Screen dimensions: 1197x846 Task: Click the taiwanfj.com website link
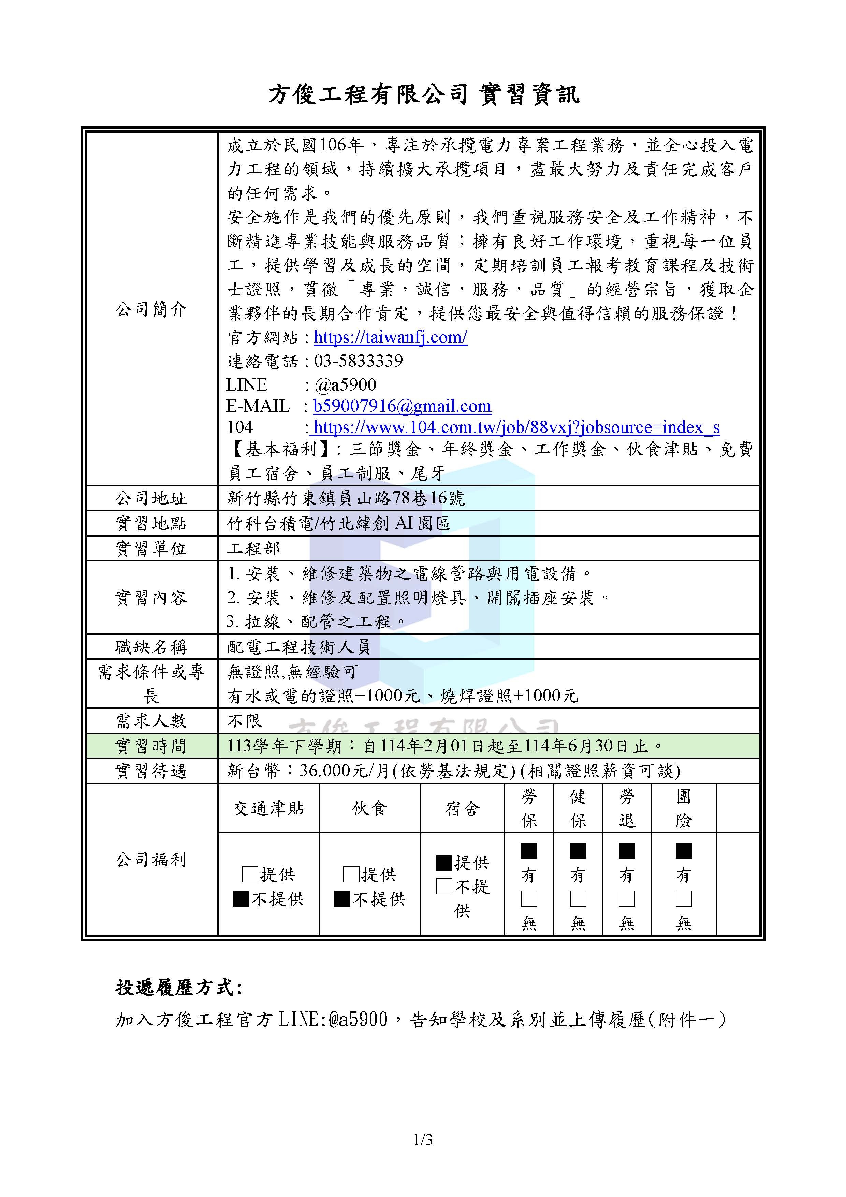coord(390,337)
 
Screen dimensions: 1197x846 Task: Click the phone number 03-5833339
coord(358,361)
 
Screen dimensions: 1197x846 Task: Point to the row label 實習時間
coord(151,746)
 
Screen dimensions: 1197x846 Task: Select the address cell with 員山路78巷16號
coord(346,498)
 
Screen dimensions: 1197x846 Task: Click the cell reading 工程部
coord(253,549)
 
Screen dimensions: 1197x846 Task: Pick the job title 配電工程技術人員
coord(299,647)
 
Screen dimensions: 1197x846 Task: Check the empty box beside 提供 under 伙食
coord(351,874)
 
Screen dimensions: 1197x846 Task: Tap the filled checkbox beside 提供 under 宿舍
coord(443,862)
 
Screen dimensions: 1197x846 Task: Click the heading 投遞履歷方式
coord(179,988)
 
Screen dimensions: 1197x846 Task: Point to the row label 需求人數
coord(151,721)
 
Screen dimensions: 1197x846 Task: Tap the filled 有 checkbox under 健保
coord(578,851)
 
